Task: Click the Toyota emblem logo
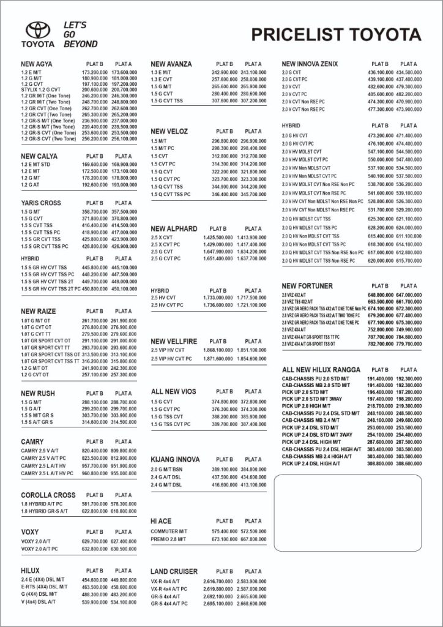point(37,30)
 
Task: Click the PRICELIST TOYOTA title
point(336,34)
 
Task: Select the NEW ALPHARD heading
point(174,228)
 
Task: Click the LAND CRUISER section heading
point(174,571)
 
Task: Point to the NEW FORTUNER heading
point(307,286)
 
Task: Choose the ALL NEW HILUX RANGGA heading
point(321,370)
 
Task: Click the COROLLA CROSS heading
point(48,495)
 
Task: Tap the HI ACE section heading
point(161,521)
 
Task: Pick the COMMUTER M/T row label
point(169,531)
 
